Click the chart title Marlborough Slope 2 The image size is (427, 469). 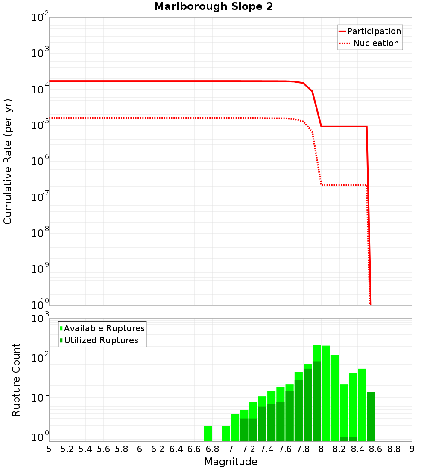[213, 7]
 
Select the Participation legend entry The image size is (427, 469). [374, 31]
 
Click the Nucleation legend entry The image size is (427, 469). [376, 43]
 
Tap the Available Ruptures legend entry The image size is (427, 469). [104, 328]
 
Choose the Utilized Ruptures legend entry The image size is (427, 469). [101, 340]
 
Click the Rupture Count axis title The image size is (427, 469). [16, 379]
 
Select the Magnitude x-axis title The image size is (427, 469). [231, 462]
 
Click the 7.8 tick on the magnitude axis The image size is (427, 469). [303, 449]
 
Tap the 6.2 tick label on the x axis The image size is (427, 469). [158, 449]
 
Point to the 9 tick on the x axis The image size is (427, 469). [412, 449]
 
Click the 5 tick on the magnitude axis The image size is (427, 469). [49, 449]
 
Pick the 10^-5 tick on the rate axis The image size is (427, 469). [41, 126]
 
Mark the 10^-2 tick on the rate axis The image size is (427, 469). [41, 18]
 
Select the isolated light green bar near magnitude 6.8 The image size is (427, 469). [208, 433]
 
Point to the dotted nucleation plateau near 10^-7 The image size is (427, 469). [344, 185]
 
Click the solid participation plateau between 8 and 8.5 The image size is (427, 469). [344, 127]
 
